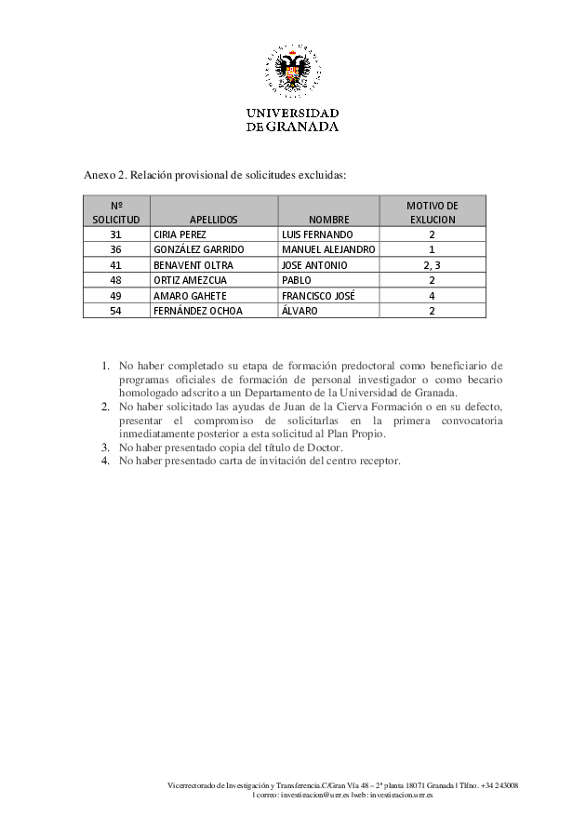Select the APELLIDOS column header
214,220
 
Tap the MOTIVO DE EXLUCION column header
433,212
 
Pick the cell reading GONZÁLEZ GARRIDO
198,250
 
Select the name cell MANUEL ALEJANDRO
327,250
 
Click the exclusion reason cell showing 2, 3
433,265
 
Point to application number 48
115,280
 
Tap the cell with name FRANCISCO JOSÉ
317,296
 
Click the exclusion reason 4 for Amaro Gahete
433,296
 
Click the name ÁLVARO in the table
299,311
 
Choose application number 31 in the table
115,234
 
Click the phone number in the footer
495,786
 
